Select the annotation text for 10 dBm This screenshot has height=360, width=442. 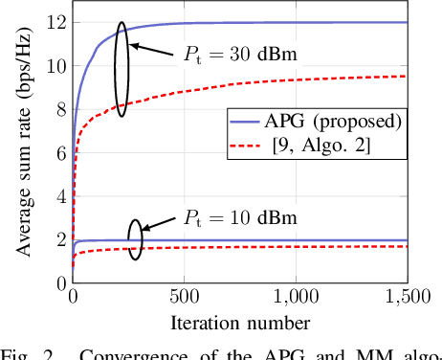tap(230, 218)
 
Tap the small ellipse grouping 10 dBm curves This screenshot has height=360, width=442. tap(136, 240)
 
